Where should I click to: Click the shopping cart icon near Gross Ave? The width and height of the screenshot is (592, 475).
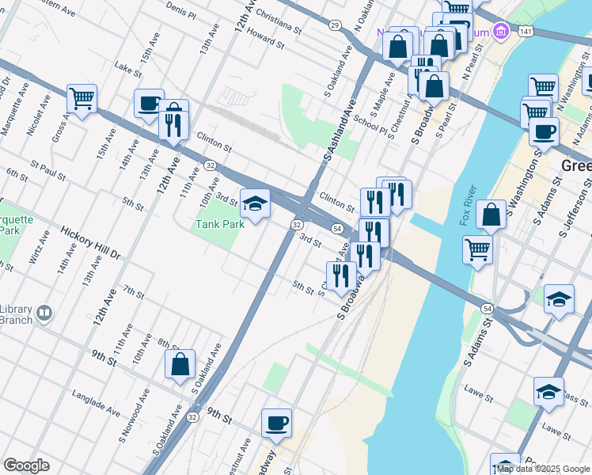82,99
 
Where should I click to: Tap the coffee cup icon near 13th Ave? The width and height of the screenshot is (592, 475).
149,104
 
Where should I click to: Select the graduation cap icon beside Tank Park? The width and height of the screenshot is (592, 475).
255,203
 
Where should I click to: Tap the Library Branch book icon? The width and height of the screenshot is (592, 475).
44,313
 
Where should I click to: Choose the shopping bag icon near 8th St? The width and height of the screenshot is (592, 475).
180,364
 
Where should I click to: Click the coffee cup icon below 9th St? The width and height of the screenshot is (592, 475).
276,424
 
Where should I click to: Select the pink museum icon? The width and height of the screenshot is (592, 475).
499,32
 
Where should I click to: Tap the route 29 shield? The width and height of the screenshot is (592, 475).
335,26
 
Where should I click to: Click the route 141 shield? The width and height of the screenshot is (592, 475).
526,30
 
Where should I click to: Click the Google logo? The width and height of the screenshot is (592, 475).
26,465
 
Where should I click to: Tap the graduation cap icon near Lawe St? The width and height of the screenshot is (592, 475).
548,392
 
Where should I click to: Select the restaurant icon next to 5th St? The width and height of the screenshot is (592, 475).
341,276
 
